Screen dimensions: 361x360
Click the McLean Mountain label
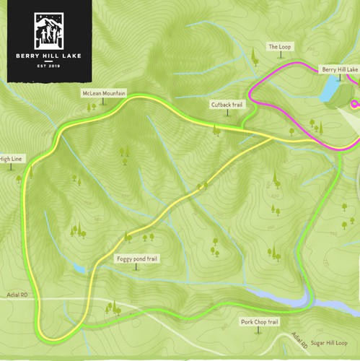coord(103,94)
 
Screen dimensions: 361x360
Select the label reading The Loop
coord(278,46)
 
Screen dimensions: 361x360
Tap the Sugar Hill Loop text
coord(329,343)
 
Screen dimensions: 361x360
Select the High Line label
coord(10,158)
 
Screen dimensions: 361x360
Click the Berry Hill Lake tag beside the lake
coord(339,69)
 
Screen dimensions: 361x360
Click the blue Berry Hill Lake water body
coord(329,90)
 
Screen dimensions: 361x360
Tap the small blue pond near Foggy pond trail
coord(79,269)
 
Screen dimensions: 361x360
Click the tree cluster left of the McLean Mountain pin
coord(91,108)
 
